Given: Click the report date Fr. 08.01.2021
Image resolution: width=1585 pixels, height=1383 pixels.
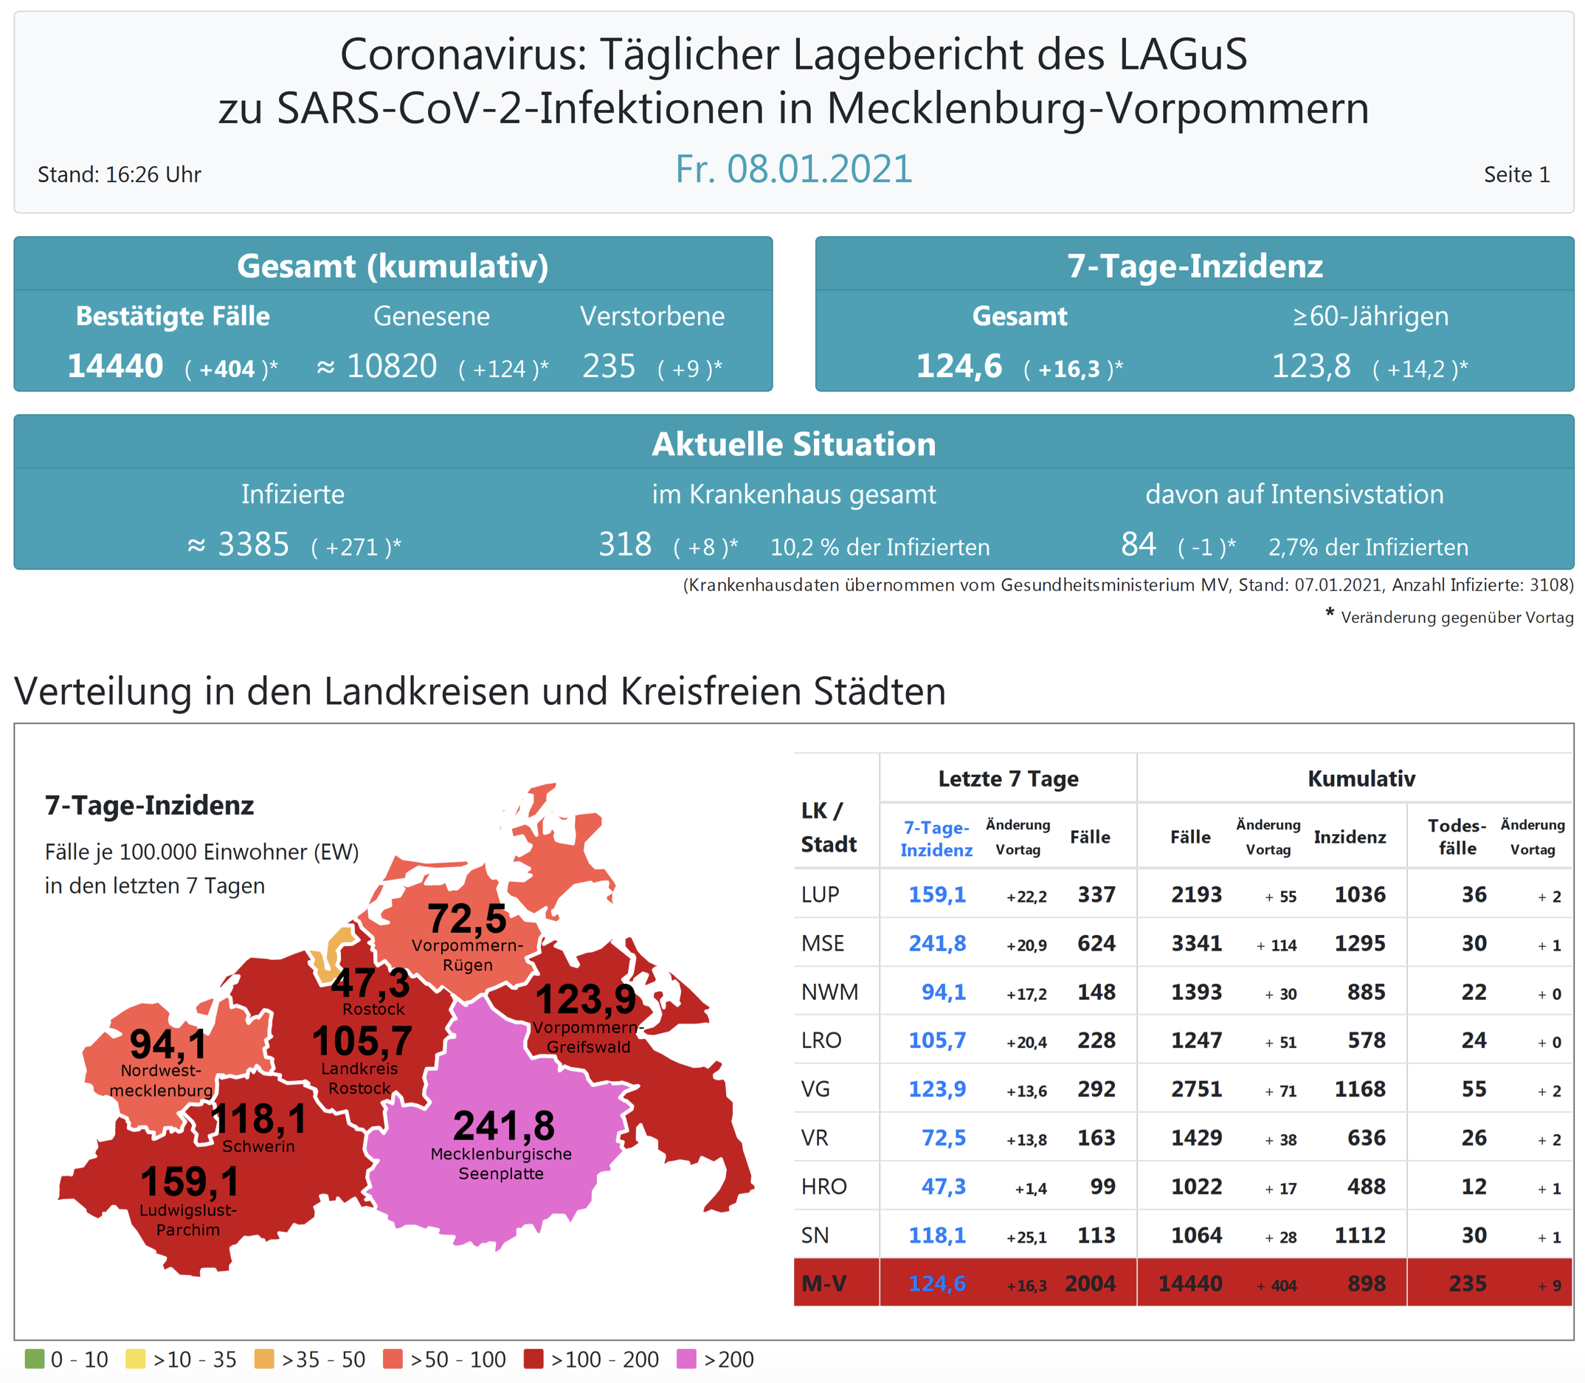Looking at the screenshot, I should point(793,169).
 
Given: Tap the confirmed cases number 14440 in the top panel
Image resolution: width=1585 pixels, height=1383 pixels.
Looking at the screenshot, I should point(115,366).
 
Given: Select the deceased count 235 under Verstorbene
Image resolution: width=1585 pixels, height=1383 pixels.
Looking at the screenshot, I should point(608,366).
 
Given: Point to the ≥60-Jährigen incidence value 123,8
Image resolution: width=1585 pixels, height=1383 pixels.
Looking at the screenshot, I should point(1311,366).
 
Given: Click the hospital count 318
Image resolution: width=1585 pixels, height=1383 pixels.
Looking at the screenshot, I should point(624,544).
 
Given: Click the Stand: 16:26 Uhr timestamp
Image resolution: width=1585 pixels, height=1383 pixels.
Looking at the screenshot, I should point(119,174).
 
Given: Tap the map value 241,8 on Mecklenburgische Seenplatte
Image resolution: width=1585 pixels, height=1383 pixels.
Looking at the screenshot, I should point(503,1125).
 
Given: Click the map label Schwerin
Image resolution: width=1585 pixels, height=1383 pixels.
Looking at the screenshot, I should point(258,1146).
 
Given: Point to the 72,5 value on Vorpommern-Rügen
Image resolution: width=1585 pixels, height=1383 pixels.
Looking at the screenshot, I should point(467,918).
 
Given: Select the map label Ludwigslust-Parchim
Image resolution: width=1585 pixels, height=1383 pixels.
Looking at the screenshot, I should point(187,1219).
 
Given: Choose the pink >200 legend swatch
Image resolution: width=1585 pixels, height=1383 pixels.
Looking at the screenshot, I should point(686,1359).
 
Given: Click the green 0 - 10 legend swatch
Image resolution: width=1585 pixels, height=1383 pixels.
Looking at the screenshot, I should point(34,1359).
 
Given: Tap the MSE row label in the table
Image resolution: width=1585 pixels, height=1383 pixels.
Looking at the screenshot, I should point(822,943).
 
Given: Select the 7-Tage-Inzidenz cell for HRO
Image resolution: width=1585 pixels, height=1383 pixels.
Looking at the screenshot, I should point(942,1186).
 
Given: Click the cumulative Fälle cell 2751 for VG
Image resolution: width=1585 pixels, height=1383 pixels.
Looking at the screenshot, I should point(1195,1089).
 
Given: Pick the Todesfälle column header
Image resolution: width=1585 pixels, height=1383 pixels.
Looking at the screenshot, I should point(1456,837).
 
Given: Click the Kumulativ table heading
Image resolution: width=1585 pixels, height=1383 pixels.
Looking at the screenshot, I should point(1361,779).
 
